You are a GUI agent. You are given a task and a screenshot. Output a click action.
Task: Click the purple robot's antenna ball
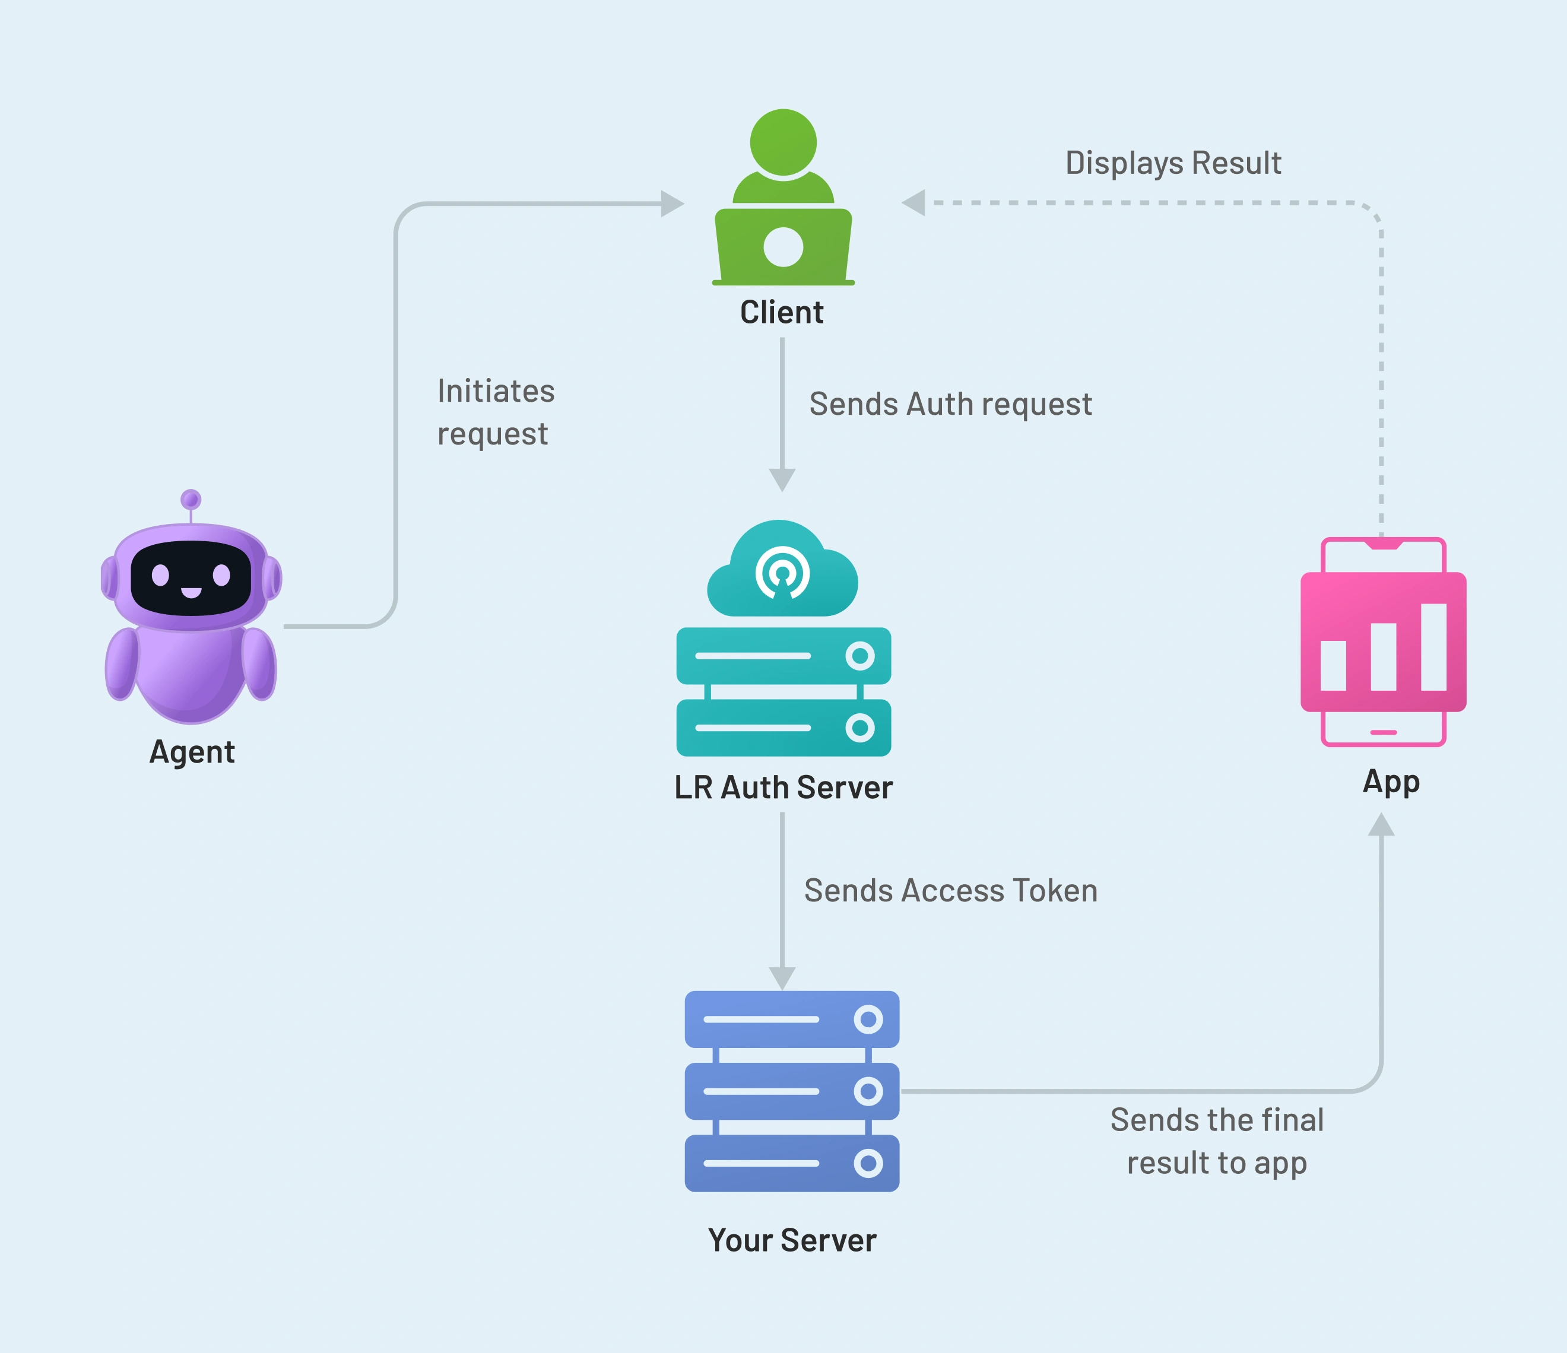click(191, 499)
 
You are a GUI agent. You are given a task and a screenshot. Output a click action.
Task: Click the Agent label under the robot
click(192, 752)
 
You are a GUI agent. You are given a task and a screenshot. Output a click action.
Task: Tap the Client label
click(781, 312)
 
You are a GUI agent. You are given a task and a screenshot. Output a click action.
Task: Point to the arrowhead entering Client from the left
click(671, 204)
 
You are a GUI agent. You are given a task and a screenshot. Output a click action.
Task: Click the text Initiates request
click(496, 412)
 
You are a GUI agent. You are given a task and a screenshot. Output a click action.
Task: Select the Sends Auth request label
click(950, 404)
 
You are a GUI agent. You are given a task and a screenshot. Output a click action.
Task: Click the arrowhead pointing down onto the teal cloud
click(782, 479)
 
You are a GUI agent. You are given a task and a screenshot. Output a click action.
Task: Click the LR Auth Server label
click(783, 787)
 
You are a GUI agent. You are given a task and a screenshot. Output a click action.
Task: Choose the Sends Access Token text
click(950, 890)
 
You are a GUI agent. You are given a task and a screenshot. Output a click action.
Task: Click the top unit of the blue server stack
click(791, 1019)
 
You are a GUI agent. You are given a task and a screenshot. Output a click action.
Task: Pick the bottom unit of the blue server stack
click(791, 1163)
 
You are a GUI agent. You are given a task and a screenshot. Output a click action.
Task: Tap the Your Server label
click(791, 1240)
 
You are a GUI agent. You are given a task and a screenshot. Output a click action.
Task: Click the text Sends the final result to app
click(1216, 1141)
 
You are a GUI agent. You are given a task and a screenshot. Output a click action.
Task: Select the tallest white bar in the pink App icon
click(1433, 647)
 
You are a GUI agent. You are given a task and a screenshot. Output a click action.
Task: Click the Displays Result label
click(1172, 163)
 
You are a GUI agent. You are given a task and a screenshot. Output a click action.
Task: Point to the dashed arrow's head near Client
click(914, 203)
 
